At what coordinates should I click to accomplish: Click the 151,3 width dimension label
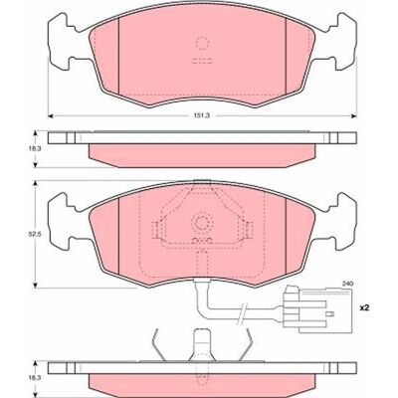click(202, 115)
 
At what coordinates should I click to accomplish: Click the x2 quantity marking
click(364, 308)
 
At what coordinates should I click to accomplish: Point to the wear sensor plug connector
click(316, 310)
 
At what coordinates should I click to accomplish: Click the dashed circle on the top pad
click(201, 43)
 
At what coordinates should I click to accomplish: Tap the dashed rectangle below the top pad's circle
click(202, 61)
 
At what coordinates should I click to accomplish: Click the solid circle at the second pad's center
click(202, 223)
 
